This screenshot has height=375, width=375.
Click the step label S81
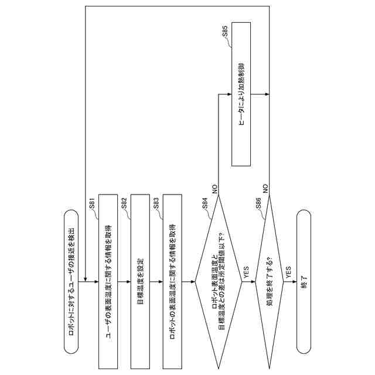click(92, 204)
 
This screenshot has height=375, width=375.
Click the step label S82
click(124, 204)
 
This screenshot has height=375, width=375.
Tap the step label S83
click(156, 204)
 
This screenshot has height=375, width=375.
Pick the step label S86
click(258, 204)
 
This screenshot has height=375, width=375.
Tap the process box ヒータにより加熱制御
click(241, 94)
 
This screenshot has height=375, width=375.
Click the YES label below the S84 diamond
click(246, 273)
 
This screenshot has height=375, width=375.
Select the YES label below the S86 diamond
click(288, 273)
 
